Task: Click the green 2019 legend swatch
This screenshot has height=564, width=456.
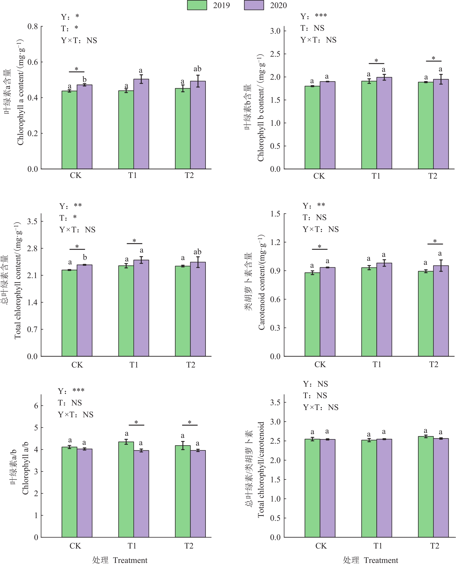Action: pos(197,5)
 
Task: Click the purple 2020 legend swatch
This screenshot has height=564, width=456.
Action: pos(254,5)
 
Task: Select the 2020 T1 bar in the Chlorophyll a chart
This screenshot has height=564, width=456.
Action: pos(141,124)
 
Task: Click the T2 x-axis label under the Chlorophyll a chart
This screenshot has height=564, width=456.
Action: pos(189,176)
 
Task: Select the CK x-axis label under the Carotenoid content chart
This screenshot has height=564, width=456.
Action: pos(320,365)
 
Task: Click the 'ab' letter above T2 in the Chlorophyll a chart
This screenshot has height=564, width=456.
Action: pos(197,69)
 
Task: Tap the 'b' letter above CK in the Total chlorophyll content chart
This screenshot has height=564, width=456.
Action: pos(85,257)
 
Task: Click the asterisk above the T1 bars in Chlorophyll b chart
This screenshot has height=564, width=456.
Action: pos(376,61)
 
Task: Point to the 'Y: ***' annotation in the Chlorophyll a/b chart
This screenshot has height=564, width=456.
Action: pos(71,391)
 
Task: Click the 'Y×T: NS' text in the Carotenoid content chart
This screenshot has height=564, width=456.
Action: pos(321,229)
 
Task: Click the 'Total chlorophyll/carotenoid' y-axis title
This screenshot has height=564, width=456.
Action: pos(261,470)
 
